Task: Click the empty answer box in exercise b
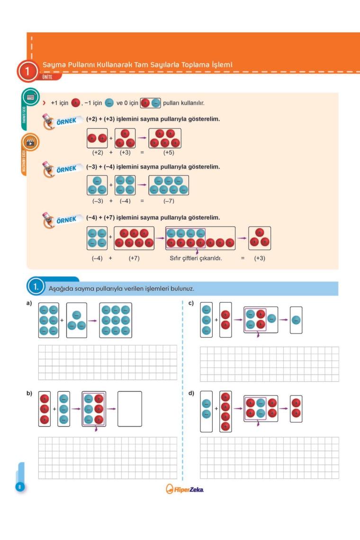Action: coord(129,409)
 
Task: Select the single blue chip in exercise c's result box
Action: coord(296,320)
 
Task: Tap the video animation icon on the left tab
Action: coord(30,142)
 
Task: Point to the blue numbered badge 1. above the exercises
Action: coord(36,287)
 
